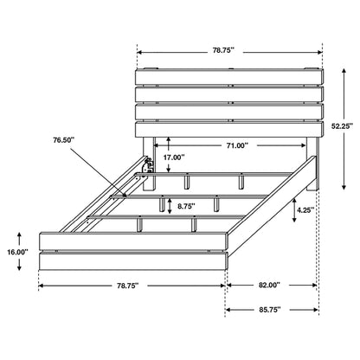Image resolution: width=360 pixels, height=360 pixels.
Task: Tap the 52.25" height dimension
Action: coord(338,125)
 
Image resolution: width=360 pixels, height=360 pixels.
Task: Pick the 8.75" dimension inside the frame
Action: coord(183,207)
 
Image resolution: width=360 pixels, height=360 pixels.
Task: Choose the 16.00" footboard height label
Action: coord(16,252)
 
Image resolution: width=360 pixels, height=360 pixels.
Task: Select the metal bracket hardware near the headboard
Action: coord(147,164)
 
